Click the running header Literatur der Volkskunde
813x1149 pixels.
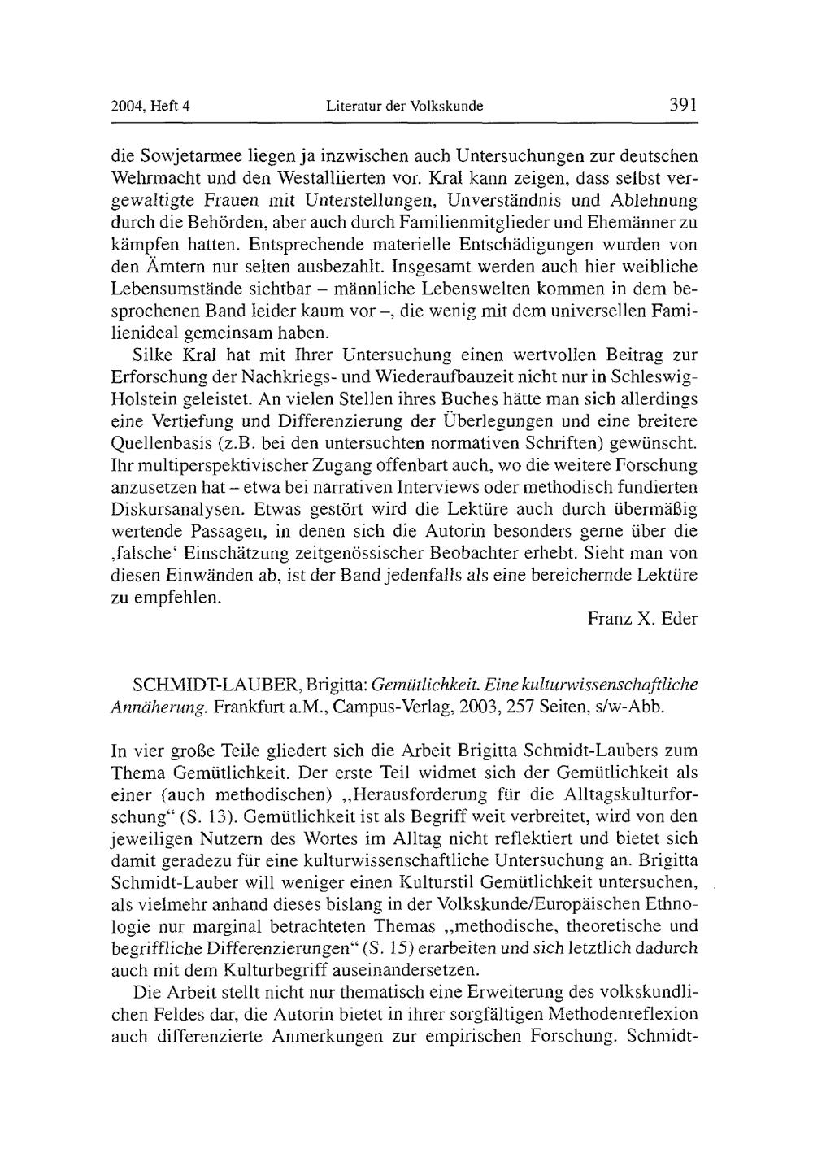click(404, 106)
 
